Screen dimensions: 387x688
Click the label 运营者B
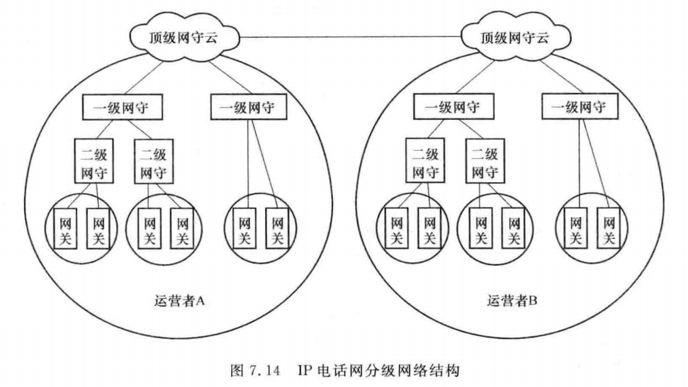512,301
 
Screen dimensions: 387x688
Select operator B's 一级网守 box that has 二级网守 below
452,108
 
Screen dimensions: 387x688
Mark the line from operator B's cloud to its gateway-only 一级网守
550,77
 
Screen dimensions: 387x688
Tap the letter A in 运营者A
201,301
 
